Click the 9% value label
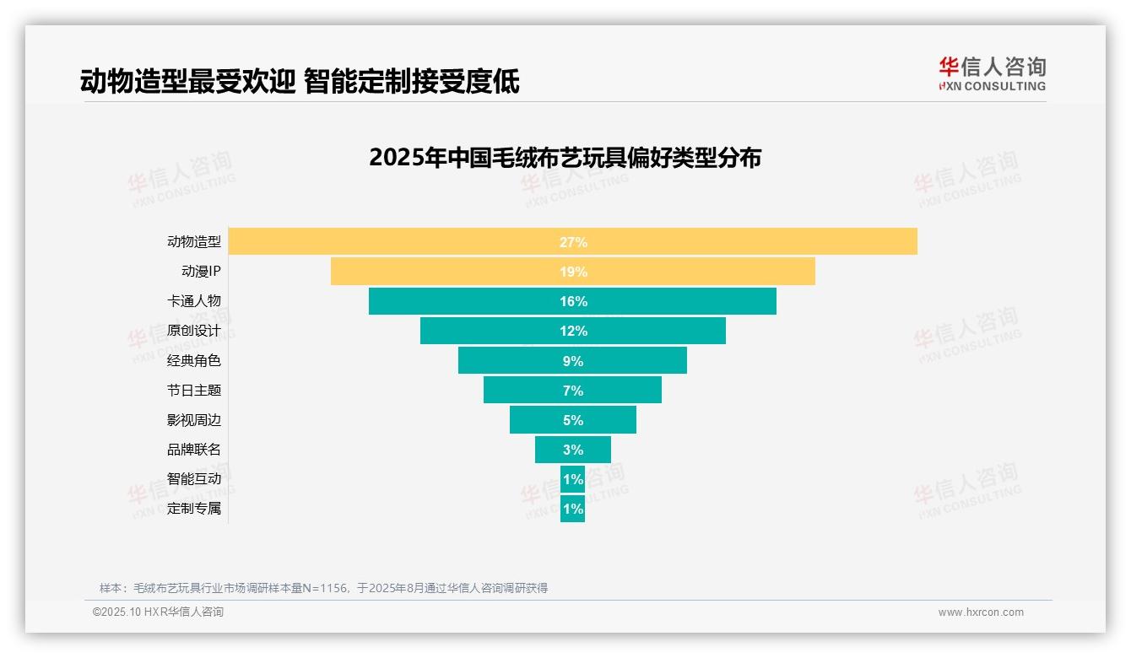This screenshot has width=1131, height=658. (x=572, y=361)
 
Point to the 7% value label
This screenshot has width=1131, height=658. (x=572, y=391)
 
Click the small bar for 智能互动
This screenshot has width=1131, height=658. (x=572, y=479)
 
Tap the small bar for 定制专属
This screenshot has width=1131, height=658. (x=572, y=509)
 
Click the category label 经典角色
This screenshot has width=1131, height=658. (x=193, y=360)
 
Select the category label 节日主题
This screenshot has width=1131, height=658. (x=193, y=390)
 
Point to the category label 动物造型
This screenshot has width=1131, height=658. (x=193, y=241)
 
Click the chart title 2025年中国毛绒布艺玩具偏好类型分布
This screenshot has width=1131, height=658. (x=565, y=158)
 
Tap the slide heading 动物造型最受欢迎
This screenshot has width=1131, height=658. (x=187, y=81)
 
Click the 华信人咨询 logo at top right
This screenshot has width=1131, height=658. (x=992, y=73)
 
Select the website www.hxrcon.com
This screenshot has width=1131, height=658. (x=980, y=612)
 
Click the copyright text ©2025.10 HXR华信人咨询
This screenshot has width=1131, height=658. (x=158, y=612)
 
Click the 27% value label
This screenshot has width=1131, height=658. (x=572, y=242)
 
